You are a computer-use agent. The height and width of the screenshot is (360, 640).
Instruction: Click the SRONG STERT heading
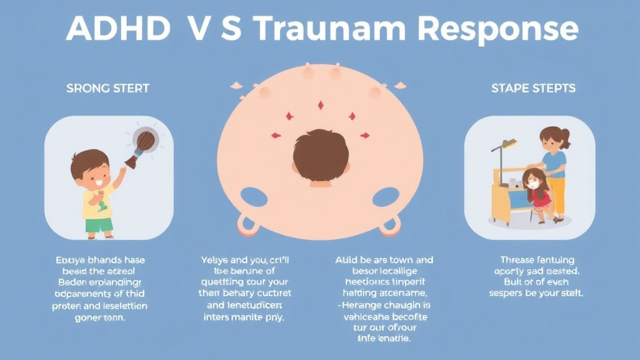click(x=107, y=88)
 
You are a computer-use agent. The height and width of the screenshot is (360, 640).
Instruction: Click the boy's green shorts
click(x=99, y=224)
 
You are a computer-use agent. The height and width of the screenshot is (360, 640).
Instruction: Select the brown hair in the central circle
click(x=321, y=154)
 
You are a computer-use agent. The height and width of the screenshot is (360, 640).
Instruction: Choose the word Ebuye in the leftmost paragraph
click(x=69, y=260)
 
